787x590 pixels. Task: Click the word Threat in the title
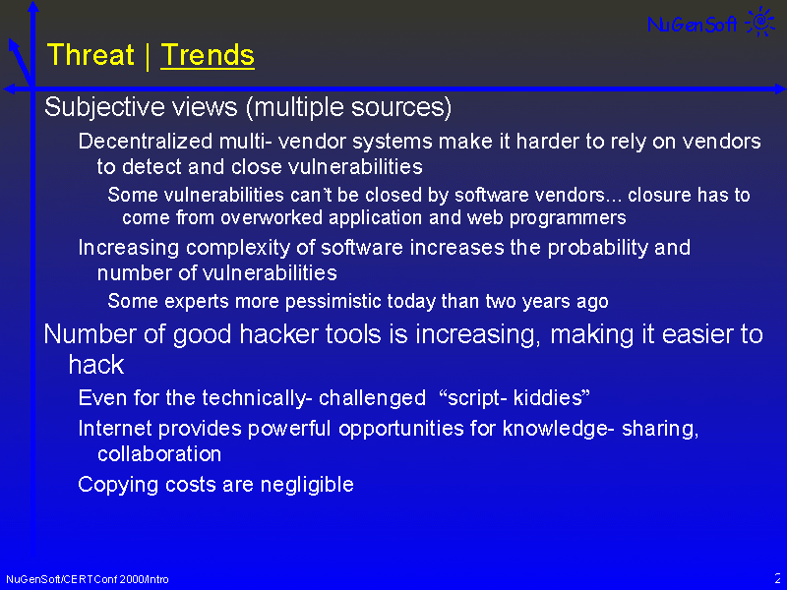tap(91, 55)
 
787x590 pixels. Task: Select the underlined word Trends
tap(208, 55)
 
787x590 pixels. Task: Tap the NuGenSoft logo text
tap(693, 24)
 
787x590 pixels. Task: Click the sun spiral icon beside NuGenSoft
tap(760, 21)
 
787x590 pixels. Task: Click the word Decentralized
tap(146, 142)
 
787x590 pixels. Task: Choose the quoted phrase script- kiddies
tap(515, 398)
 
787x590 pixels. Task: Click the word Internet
tap(115, 429)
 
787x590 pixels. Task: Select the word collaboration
tap(159, 454)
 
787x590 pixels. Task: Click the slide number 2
tap(777, 578)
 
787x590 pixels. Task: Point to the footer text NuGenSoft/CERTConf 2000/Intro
tap(88, 579)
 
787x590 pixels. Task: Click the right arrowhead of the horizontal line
tap(780, 88)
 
